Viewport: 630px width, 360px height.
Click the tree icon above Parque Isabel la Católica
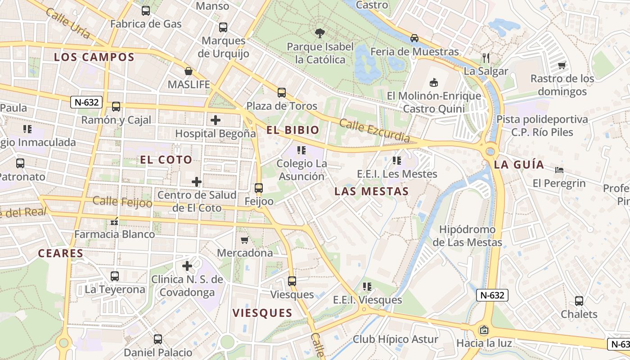pos(319,33)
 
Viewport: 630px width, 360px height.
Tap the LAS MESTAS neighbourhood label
pos(371,191)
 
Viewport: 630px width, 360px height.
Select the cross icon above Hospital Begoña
pos(216,120)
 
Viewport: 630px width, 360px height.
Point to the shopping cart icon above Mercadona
pos(245,240)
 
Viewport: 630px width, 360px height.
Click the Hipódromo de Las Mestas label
pos(467,236)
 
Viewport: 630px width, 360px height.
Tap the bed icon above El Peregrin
pos(559,170)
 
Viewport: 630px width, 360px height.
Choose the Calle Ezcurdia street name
pos(374,130)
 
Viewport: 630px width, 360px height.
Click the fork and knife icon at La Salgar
pos(486,58)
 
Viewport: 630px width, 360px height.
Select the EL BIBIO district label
pos(292,130)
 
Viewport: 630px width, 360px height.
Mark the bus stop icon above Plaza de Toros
pos(282,93)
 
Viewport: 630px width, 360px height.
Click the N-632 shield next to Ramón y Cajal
pos(86,102)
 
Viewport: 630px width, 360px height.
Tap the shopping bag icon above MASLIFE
pos(189,71)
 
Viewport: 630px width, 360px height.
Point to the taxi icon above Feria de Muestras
pos(414,38)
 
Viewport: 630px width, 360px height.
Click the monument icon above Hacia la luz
pos(484,330)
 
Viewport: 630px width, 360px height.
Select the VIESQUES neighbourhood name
pos(262,313)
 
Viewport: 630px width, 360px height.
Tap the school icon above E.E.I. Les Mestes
pos(396,160)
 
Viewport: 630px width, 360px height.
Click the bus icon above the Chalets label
pos(579,301)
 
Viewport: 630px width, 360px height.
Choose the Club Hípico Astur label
pos(395,339)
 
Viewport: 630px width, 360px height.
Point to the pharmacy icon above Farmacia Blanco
pos(114,221)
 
